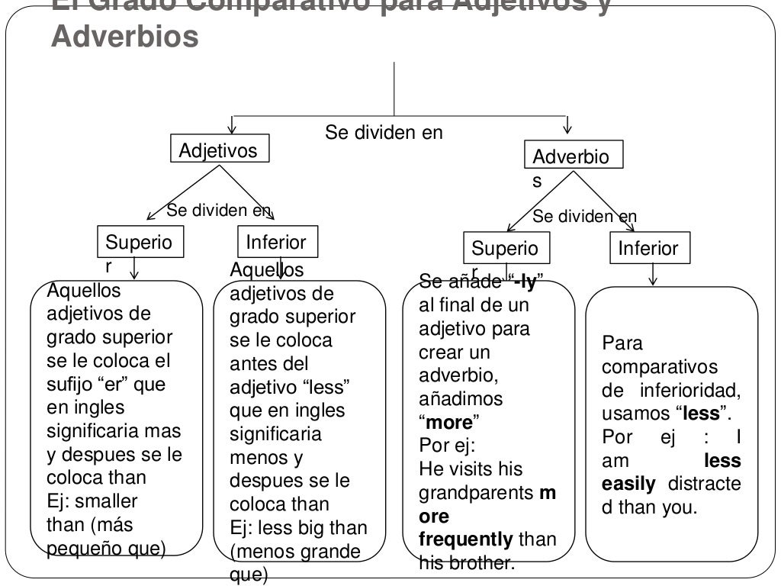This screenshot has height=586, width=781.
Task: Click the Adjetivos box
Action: tap(219, 150)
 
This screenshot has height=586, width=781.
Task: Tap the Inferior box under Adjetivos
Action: tap(276, 243)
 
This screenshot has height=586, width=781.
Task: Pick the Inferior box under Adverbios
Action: tap(648, 248)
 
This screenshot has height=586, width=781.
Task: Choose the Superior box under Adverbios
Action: tap(504, 248)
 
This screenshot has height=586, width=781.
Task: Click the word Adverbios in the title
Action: tap(124, 36)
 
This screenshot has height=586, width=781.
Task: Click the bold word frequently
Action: tap(466, 539)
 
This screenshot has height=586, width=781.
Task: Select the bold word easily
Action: tap(628, 484)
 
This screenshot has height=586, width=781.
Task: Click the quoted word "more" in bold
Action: tap(450, 422)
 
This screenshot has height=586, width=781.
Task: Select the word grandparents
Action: tap(477, 493)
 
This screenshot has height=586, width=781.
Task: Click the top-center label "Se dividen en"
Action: tap(384, 133)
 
